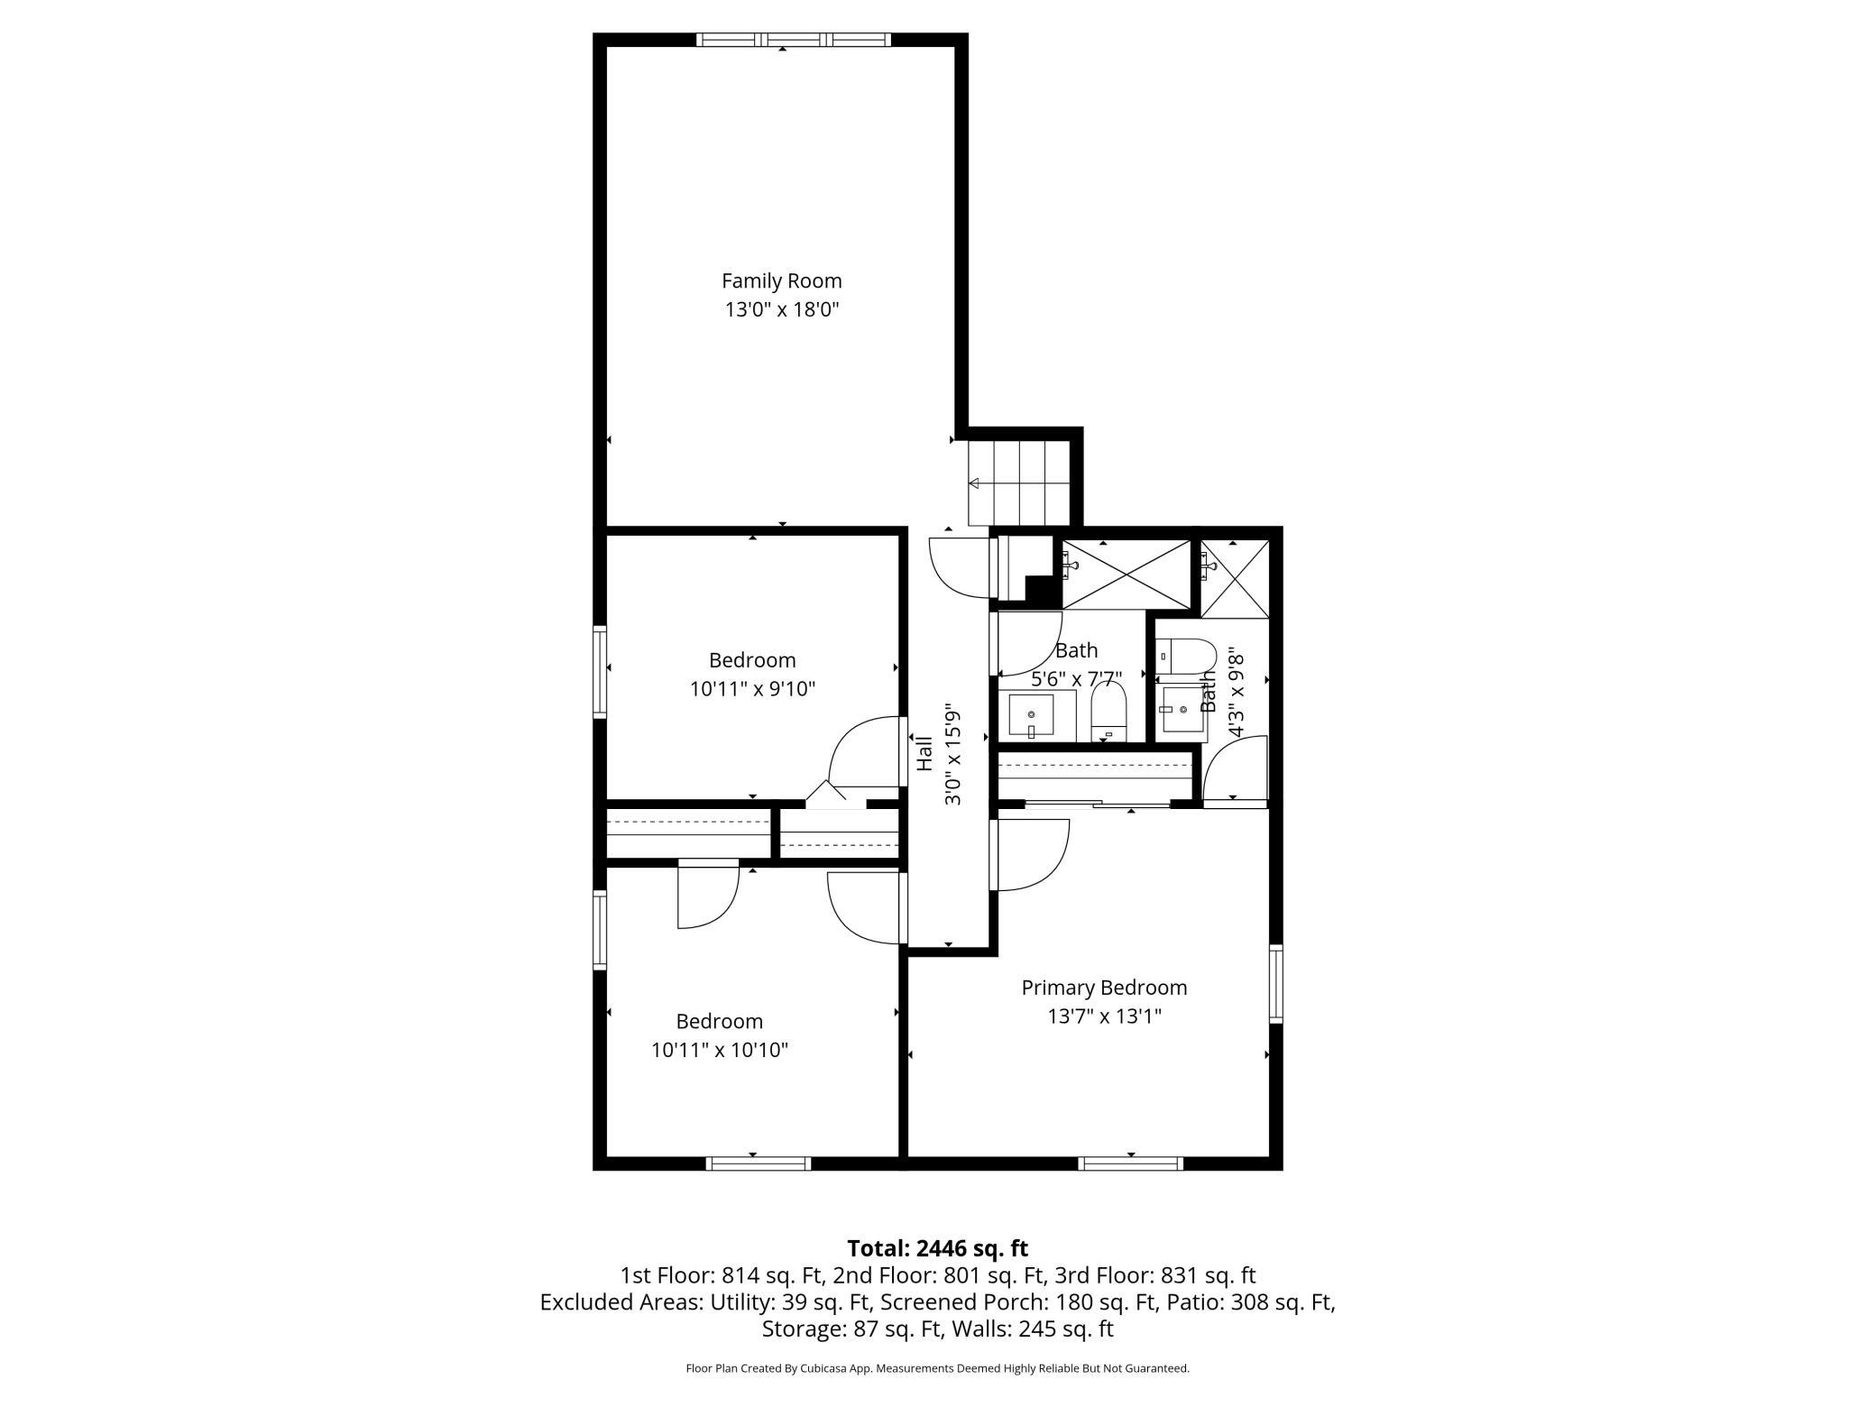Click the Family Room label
(x=781, y=280)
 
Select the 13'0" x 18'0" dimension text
(x=781, y=310)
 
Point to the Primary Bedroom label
(x=1103, y=988)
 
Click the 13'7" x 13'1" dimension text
(x=1103, y=1016)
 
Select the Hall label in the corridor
(x=924, y=754)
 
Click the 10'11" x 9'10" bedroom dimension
(x=752, y=689)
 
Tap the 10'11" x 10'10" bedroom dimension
(x=720, y=1050)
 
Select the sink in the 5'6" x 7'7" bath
(x=1031, y=715)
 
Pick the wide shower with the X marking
(x=1127, y=575)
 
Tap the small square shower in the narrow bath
(x=1234, y=578)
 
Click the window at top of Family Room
(x=793, y=40)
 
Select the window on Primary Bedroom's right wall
(x=1275, y=983)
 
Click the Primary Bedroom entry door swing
(x=1030, y=853)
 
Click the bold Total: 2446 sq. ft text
(x=937, y=1248)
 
